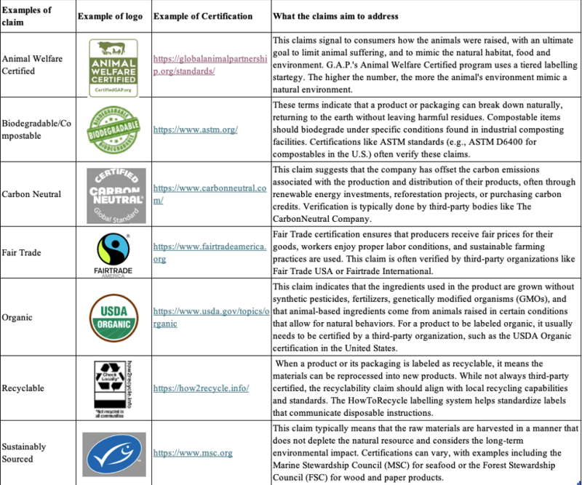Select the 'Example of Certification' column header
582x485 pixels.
point(204,16)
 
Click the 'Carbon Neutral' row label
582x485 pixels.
point(31,194)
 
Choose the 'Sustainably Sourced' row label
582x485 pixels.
point(24,453)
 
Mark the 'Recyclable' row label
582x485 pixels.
point(25,388)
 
